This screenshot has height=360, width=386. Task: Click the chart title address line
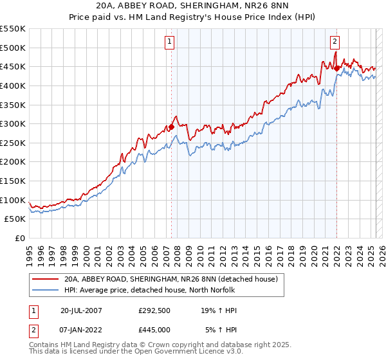[x=192, y=6]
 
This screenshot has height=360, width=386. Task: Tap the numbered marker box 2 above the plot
[x=335, y=42]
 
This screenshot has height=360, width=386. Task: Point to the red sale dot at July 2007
[x=172, y=127]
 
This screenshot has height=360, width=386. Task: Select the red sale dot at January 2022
[x=336, y=68]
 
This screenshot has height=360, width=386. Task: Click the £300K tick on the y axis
[x=13, y=123]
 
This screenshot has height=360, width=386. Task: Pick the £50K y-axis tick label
[x=15, y=219]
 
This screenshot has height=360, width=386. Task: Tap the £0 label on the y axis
[x=21, y=239]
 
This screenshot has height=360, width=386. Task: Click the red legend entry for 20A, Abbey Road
[x=170, y=279]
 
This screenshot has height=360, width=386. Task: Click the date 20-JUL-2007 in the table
[x=80, y=310]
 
